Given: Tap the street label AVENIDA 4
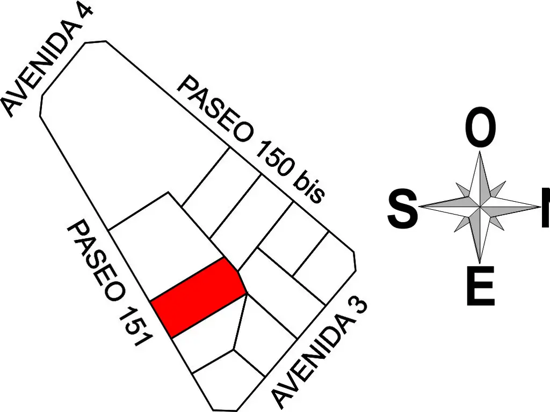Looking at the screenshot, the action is coord(47,59).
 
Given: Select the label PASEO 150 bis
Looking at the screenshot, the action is coord(251,140).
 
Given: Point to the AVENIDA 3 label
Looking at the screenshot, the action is coord(319,354).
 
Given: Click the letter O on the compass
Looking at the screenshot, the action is coord(481,128).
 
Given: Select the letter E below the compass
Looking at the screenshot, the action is coord(481,286).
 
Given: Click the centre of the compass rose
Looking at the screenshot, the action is coord(480,207).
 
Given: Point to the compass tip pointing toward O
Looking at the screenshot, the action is coord(480,151).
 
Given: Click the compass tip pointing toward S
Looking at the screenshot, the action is coord(419,207).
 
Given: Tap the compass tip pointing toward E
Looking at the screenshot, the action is coord(480,263).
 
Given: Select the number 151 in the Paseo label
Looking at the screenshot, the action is coord(135,326).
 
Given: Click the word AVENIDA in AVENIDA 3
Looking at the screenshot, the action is coord(309,364).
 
